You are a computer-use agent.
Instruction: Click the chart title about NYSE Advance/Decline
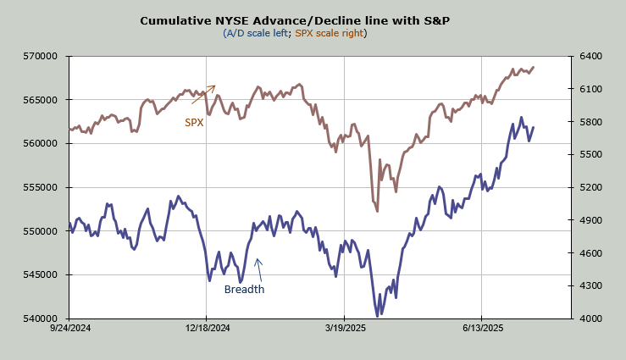295,19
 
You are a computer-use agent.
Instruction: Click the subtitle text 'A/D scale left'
256,33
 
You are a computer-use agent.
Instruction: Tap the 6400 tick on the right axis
591,56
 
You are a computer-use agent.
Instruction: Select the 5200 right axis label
591,187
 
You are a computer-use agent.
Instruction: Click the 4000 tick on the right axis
591,318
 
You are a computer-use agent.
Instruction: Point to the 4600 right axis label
591,252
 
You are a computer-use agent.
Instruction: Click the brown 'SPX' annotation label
195,123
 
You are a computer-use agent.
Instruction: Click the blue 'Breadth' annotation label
244,290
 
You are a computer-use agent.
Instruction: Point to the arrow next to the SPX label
203,94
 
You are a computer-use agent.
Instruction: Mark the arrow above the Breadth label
259,269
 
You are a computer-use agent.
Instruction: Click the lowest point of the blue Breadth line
377,316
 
